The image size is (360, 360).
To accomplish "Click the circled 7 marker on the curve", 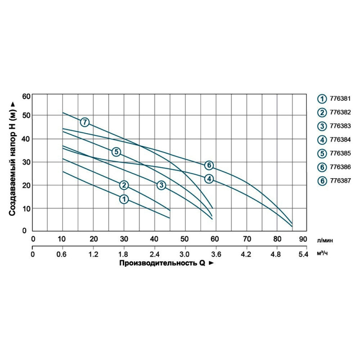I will (x=85, y=122).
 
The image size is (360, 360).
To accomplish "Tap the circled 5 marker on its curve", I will (x=116, y=152).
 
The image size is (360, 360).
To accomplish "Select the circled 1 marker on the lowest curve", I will (x=124, y=199).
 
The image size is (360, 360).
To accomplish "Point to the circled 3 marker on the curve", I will (x=162, y=185).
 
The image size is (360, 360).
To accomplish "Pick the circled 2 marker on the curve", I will (x=124, y=185).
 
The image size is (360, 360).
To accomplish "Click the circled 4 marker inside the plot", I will (x=209, y=179).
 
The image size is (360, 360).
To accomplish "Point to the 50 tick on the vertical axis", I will (x=26, y=115).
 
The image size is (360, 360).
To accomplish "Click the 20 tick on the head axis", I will (x=26, y=185).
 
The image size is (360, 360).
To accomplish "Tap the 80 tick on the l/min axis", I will (x=277, y=238).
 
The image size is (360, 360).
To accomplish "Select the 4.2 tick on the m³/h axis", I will (x=246, y=254).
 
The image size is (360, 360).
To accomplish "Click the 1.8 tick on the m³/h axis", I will (x=123, y=254).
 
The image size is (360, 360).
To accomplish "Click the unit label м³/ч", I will (x=323, y=254).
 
